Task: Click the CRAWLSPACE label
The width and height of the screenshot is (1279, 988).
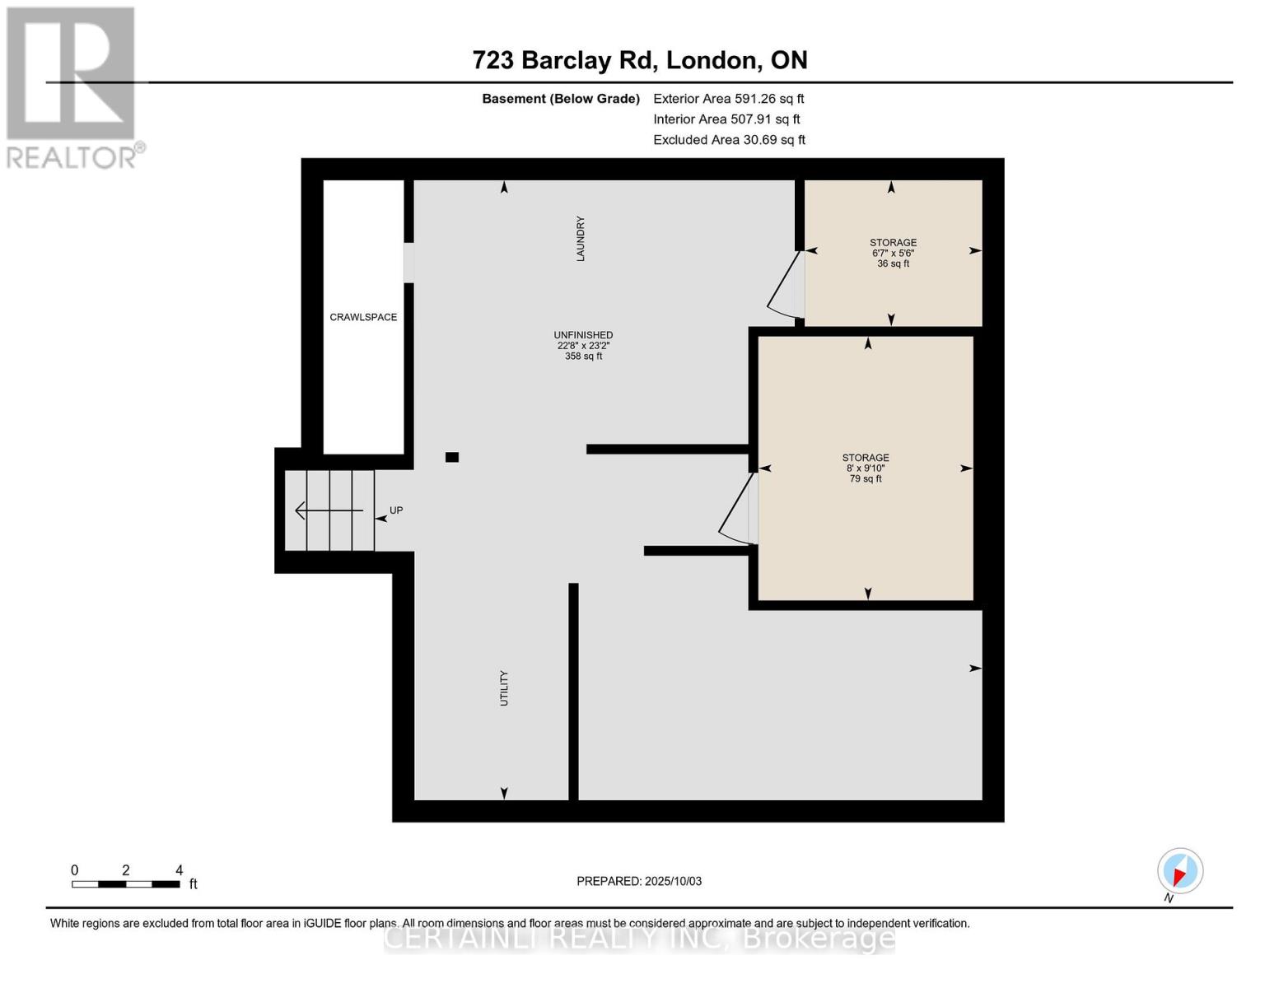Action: coord(363,317)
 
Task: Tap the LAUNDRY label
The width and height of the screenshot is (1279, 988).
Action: coord(581,239)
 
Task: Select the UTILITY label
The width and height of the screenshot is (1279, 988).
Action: coord(504,688)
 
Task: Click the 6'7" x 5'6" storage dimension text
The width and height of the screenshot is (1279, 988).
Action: coord(893,253)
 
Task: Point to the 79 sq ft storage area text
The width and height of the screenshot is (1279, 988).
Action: coord(866,478)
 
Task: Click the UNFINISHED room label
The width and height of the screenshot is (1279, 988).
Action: coord(583,335)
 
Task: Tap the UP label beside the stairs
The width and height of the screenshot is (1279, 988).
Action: coord(396,510)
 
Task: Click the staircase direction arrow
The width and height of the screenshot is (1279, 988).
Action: coord(328,511)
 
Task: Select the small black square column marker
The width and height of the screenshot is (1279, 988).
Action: coord(451,457)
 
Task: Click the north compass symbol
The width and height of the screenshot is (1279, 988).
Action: coord(1180,872)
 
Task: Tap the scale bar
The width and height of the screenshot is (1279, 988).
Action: coord(125,884)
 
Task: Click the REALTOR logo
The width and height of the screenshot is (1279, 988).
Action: coord(72,86)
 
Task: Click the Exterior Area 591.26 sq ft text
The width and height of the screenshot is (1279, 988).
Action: coord(728,98)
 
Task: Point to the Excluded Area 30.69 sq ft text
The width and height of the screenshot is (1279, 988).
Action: coord(729,140)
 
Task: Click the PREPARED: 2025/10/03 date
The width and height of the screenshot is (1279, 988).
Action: coord(639,881)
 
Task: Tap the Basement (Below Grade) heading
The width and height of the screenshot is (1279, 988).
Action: coord(560,99)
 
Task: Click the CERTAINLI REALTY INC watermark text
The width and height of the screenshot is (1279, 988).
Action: coord(639,938)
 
